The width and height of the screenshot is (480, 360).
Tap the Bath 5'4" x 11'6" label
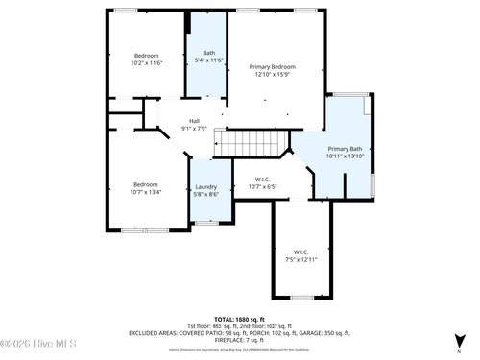208,57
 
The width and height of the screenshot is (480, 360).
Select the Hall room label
194,124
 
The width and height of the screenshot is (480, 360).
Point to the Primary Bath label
345,152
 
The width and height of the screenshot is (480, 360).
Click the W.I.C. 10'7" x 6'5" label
262,182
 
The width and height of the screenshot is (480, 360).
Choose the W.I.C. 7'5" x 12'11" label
300,256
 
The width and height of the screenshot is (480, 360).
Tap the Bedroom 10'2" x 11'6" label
146,59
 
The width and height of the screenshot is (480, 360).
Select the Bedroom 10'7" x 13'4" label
146,187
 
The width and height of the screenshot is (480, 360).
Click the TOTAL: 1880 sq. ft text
239,319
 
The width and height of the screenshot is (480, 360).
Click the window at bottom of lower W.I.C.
301,297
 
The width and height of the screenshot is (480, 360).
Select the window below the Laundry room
206,223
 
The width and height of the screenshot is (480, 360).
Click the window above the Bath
209,11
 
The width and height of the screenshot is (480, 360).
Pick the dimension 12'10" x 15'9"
272,75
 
